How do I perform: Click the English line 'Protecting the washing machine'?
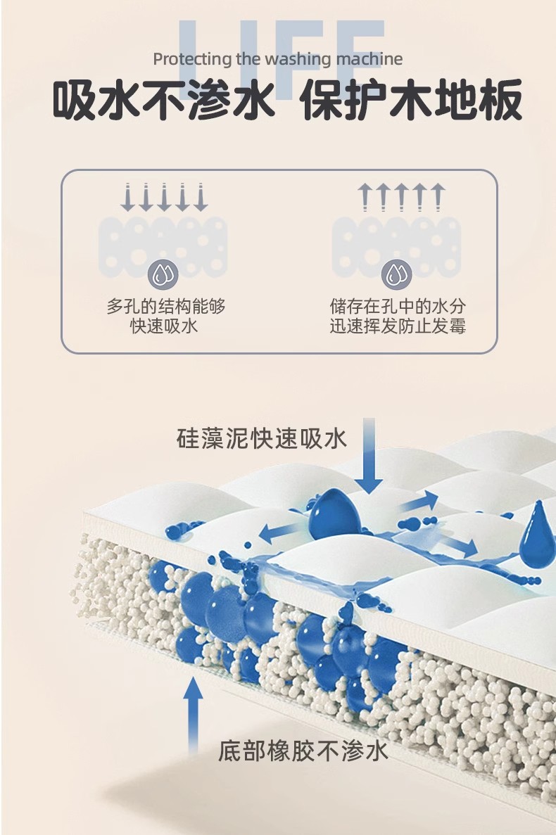click(x=278, y=59)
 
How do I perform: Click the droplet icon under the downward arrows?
click(x=164, y=274)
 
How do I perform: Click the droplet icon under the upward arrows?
click(x=396, y=274)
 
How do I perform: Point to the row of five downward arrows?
click(x=164, y=197)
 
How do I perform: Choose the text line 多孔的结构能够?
click(x=166, y=307)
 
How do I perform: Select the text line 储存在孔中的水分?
click(x=398, y=307)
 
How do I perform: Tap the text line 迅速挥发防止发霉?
click(x=398, y=327)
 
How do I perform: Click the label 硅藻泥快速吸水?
click(x=262, y=438)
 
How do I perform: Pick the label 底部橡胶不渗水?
click(x=303, y=750)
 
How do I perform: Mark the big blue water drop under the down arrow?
click(x=334, y=512)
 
